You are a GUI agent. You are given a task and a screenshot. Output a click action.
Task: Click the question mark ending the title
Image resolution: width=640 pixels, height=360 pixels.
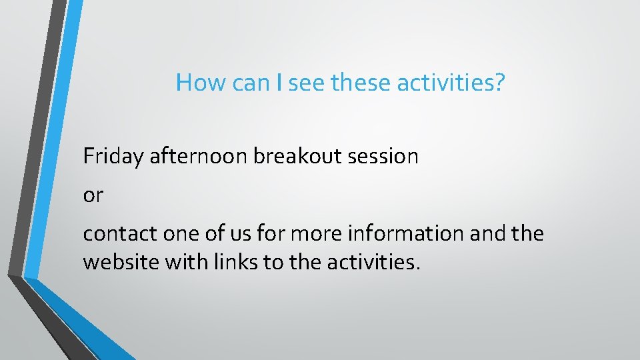(499, 83)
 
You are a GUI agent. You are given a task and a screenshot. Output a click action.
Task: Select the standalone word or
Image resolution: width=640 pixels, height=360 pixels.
(93, 196)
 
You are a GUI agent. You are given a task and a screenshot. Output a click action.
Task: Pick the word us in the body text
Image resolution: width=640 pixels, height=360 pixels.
(226, 234)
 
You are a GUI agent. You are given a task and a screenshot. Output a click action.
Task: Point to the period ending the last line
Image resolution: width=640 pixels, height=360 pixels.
(418, 269)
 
